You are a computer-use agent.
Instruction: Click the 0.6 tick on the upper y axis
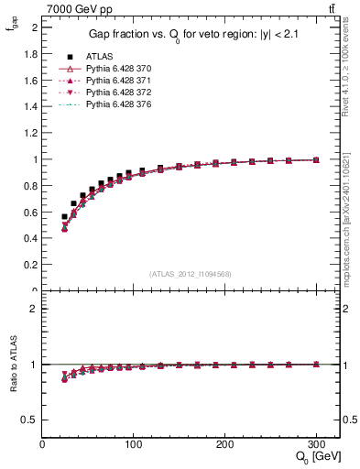tap(32, 213)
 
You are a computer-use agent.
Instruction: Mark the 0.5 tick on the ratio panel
tap(32, 420)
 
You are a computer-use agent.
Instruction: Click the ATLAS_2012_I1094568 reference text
tap(190, 274)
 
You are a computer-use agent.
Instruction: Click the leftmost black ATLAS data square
tap(64, 217)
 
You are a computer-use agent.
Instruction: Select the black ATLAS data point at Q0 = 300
tap(315, 159)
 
